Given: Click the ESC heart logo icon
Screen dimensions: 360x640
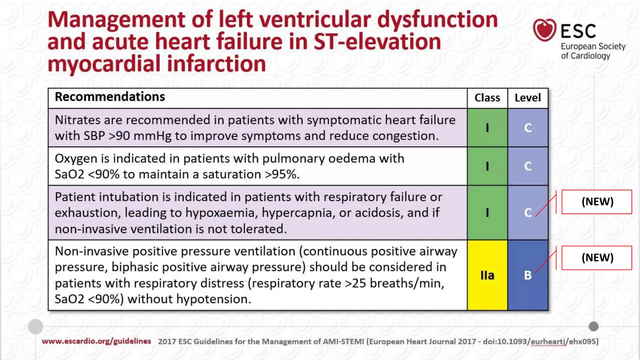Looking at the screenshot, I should coord(544,30).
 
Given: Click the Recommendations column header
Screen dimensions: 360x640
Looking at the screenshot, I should coord(110,97).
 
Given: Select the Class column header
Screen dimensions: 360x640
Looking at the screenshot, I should coord(487,98).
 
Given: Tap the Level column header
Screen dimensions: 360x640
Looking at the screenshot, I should coord(528,98).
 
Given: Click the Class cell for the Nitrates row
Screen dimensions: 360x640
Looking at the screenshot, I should coord(487,128).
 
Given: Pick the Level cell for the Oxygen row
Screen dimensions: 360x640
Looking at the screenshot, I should coord(528,166).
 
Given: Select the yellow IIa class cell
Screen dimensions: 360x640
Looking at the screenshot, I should coord(487,275).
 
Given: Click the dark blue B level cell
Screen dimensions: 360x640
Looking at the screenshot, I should coord(528,275).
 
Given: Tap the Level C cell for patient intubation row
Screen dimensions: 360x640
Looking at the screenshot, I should coord(528,213).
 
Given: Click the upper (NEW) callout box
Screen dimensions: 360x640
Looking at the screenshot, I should coord(597,202).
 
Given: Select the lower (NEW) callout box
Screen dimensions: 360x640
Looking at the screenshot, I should coord(597,258).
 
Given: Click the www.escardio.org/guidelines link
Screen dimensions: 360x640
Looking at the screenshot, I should coord(96,341).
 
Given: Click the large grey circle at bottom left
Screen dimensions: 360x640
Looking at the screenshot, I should coord(35,327).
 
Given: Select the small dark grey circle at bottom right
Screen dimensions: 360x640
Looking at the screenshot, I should coord(593,327).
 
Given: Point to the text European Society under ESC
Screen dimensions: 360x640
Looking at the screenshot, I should coord(593,47).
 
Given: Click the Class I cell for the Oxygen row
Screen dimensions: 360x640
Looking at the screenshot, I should coord(487,166).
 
